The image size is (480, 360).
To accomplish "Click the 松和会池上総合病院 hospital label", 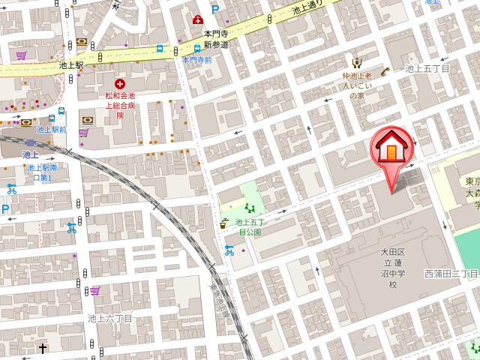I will click(120, 106).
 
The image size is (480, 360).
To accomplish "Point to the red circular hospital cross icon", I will click(119, 84).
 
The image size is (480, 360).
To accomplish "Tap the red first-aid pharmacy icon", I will click(198, 19).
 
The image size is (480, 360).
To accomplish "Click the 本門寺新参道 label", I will click(216, 39).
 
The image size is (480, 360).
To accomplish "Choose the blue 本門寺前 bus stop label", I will click(196, 59).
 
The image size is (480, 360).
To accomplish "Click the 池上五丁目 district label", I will click(427, 68).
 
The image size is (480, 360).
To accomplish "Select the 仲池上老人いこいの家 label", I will click(357, 85).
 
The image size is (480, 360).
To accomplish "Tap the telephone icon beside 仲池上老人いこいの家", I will click(385, 71).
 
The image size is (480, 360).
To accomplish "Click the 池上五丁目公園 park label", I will click(249, 226).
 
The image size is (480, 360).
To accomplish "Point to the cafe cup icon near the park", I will click(224, 222).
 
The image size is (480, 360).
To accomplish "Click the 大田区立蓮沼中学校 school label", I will click(392, 268).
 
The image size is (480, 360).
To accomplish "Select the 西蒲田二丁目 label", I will click(451, 274).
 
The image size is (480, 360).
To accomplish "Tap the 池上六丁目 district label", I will click(110, 318).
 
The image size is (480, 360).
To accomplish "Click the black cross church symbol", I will click(43, 348).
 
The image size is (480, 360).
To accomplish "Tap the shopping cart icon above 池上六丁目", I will click(95, 290).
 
